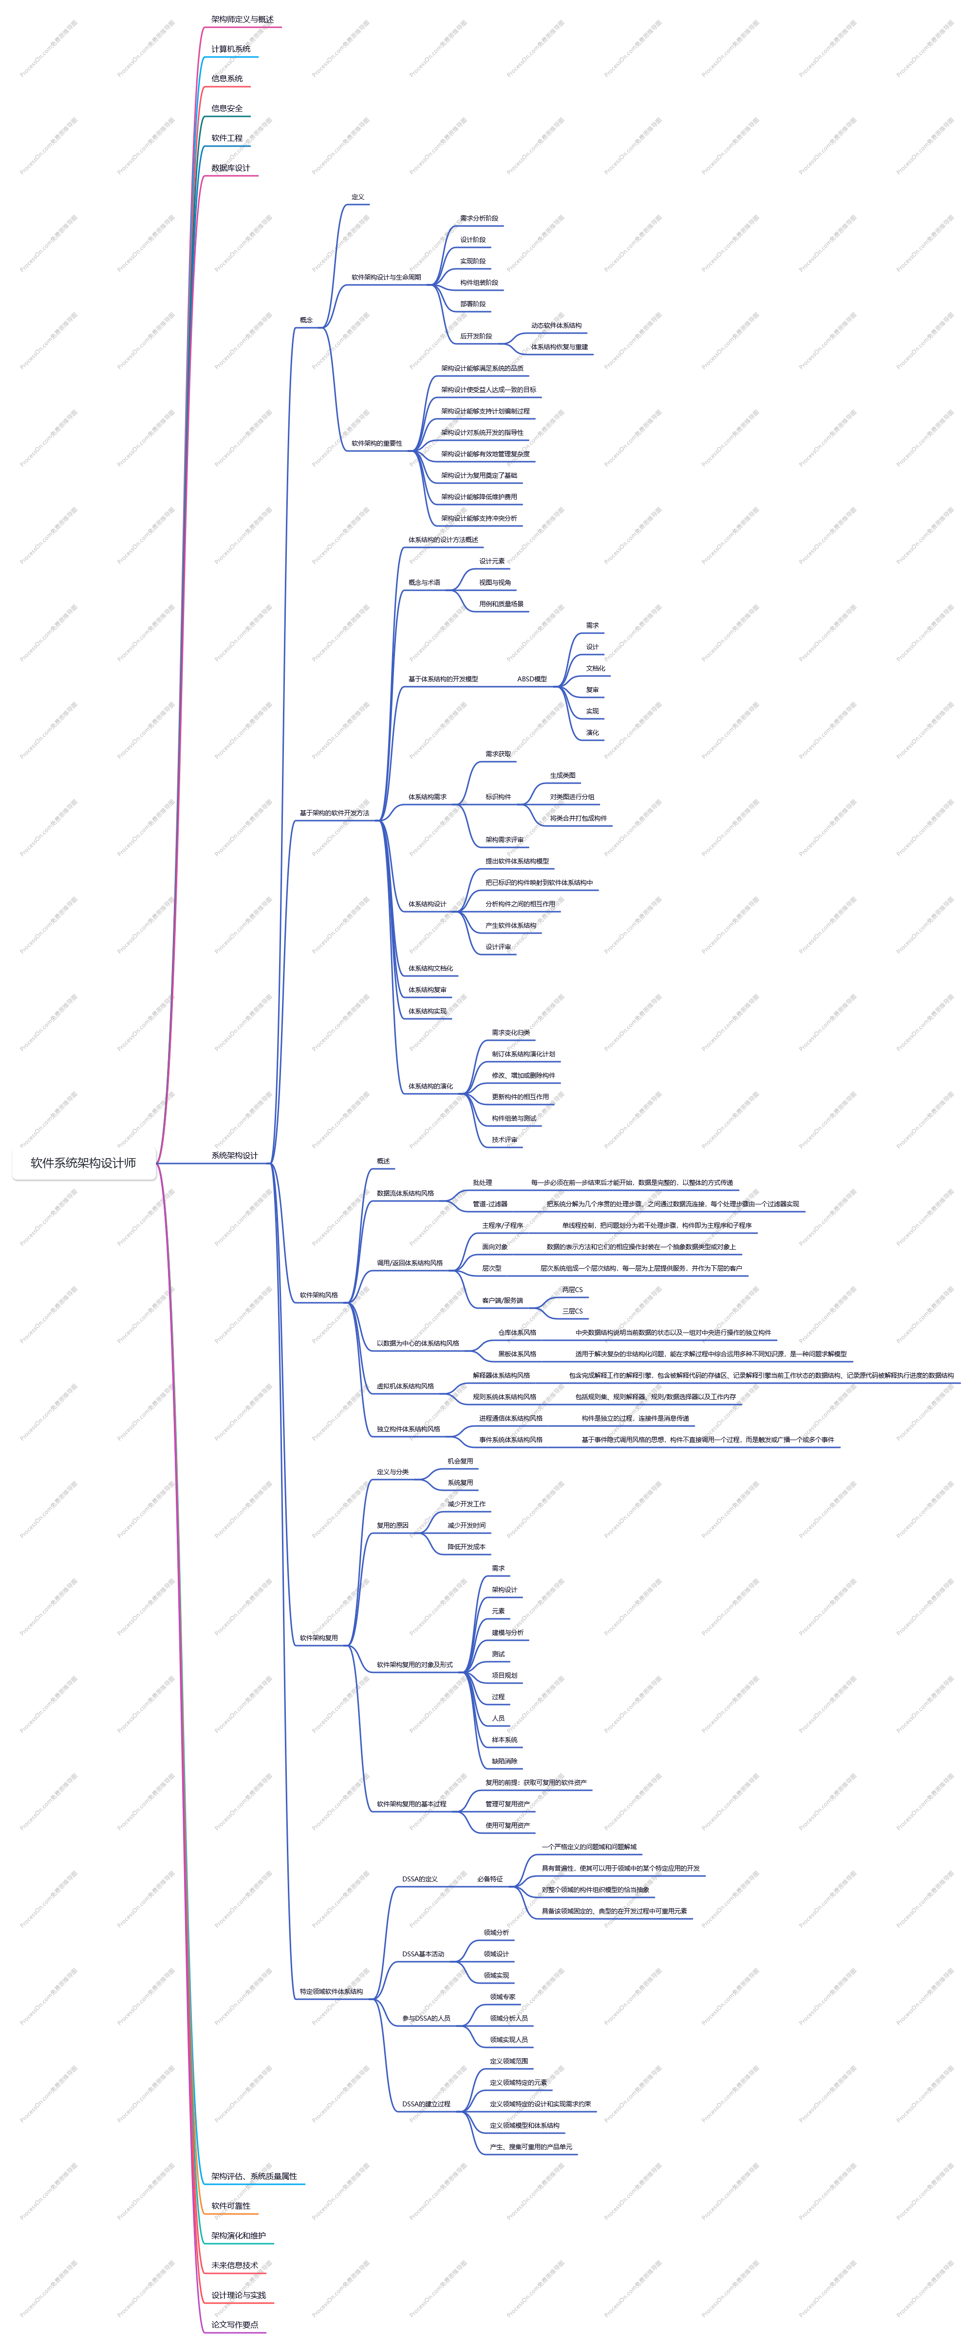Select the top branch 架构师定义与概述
242,19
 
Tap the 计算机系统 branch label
230,49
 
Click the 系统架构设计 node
234,1155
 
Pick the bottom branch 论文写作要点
234,2324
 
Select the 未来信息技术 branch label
234,2265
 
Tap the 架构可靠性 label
230,2206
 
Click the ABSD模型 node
532,679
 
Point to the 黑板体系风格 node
517,1353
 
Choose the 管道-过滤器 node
490,1203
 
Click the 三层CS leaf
572,1311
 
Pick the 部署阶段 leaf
472,304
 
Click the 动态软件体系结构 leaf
556,325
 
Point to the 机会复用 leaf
460,1461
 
